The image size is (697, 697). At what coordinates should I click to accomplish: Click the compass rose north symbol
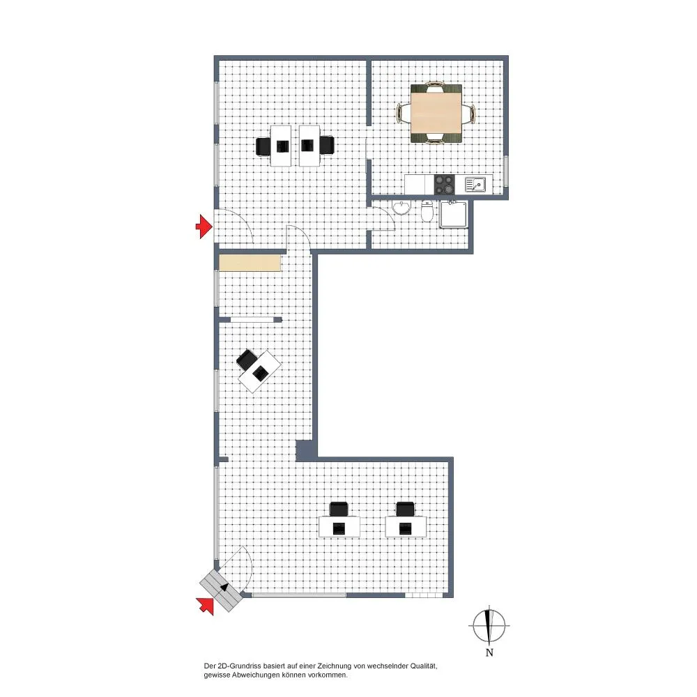(489, 625)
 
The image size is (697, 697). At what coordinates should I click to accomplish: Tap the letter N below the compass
(489, 652)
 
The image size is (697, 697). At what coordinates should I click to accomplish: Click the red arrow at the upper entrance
(204, 227)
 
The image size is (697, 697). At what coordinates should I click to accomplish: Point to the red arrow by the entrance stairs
(205, 606)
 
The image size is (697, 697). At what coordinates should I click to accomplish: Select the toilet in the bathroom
(427, 210)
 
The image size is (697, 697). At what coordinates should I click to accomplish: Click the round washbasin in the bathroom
(402, 208)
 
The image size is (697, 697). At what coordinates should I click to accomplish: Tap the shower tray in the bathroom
(454, 214)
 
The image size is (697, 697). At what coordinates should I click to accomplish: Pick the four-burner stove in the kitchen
(445, 184)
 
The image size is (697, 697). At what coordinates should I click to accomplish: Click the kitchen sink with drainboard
(475, 184)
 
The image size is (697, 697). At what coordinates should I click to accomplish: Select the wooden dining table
(436, 114)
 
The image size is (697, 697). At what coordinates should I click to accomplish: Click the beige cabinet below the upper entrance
(250, 263)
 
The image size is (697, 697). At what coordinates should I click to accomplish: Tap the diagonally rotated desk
(259, 372)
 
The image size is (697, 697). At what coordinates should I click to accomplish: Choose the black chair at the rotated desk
(247, 359)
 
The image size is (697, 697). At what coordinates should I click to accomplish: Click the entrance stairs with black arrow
(221, 591)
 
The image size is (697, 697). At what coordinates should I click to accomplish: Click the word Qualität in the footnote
(424, 666)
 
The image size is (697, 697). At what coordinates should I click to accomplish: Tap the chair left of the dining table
(403, 113)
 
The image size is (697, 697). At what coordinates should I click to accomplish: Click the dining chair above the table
(435, 86)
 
